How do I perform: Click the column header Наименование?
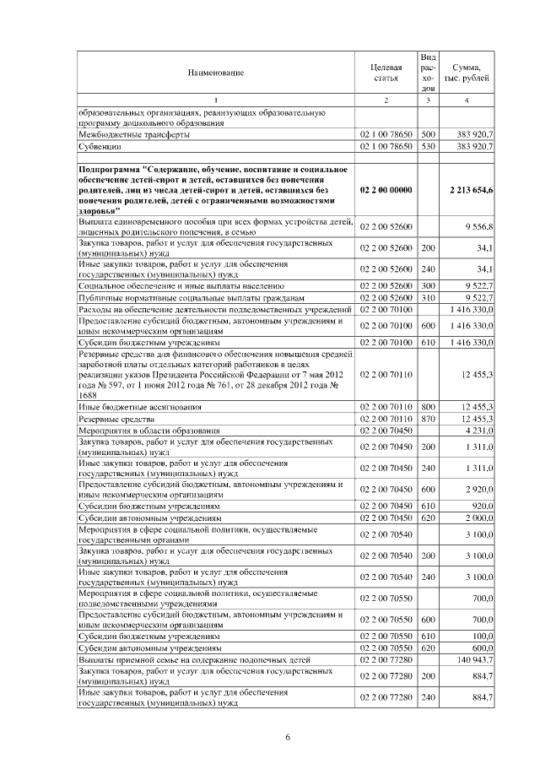pyautogui.click(x=215, y=73)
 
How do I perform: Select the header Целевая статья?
pyautogui.click(x=386, y=73)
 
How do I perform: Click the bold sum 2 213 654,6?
pyautogui.click(x=473, y=191)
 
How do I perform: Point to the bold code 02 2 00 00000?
pyautogui.click(x=386, y=191)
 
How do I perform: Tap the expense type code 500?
pyautogui.click(x=428, y=134)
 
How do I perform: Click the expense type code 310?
pyautogui.click(x=428, y=298)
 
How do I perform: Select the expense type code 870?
pyautogui.click(x=428, y=419)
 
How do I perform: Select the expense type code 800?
pyautogui.click(x=428, y=407)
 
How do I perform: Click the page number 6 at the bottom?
pyautogui.click(x=288, y=739)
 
